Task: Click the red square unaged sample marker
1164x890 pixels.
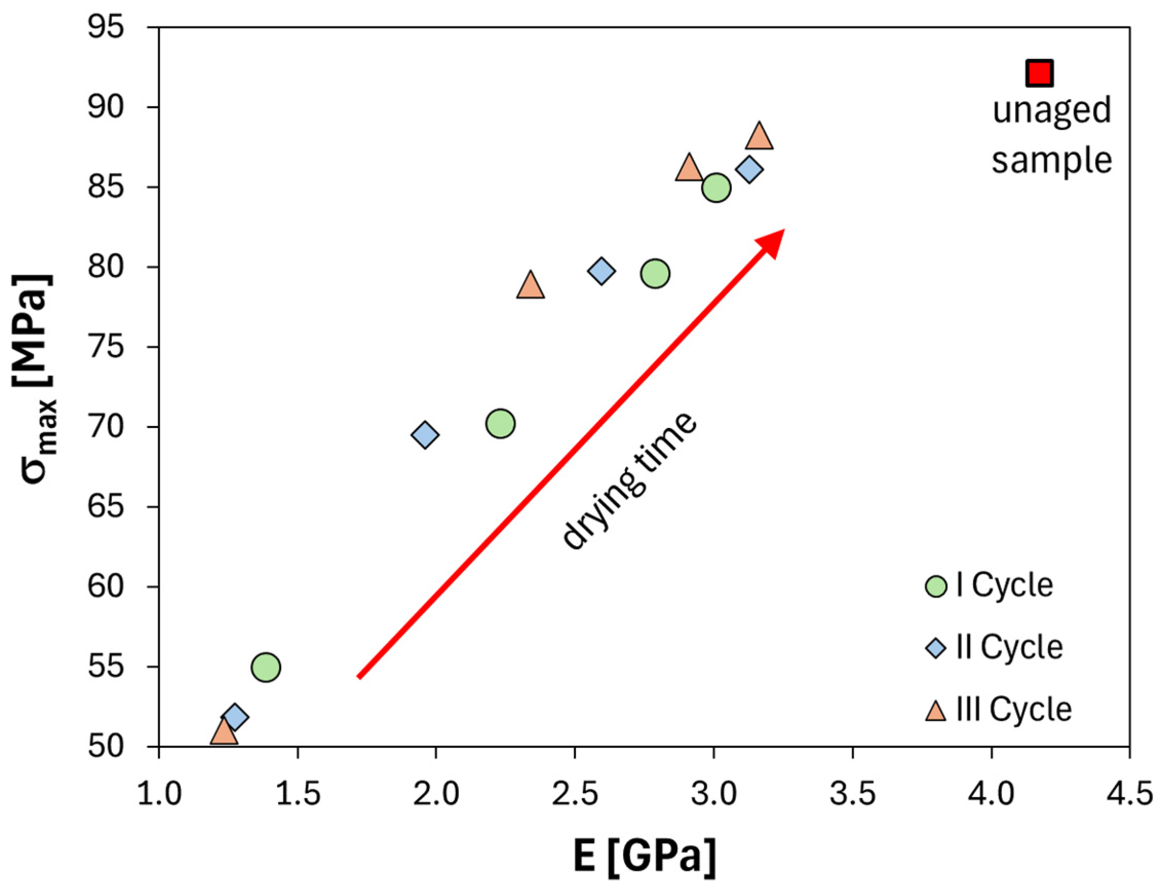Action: click(1038, 73)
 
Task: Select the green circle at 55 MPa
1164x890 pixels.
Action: click(266, 667)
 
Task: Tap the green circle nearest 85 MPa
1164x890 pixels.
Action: click(716, 187)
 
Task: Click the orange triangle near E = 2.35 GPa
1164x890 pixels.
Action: click(531, 286)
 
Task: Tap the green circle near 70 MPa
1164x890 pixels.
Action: click(500, 423)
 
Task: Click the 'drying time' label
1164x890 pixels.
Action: click(629, 481)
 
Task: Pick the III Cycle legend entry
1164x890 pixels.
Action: click(999, 709)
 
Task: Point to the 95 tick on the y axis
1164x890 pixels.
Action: click(106, 27)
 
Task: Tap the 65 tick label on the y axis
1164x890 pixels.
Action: click(106, 507)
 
